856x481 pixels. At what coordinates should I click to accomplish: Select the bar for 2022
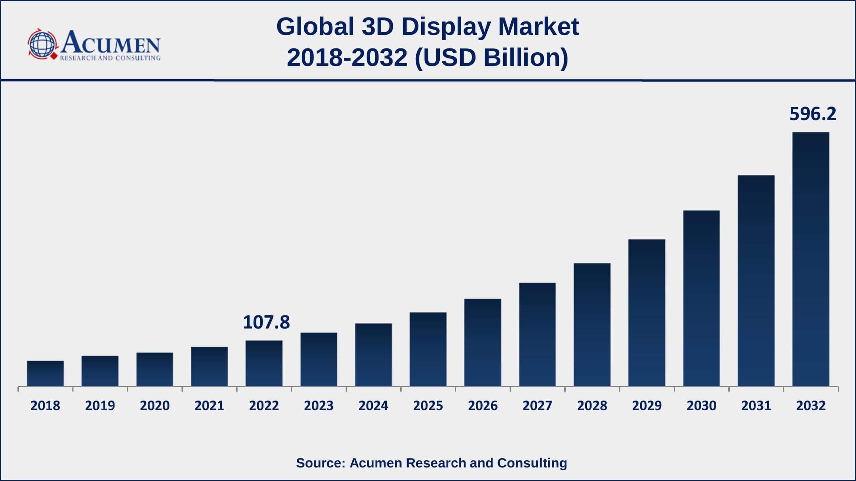click(x=264, y=363)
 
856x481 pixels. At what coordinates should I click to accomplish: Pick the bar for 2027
click(x=537, y=335)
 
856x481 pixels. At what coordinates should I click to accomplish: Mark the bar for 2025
click(x=428, y=350)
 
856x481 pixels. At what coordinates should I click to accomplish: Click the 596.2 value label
click(x=813, y=114)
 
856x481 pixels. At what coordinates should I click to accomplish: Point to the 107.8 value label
click(x=266, y=322)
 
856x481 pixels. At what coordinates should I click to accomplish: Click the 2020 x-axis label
click(x=154, y=405)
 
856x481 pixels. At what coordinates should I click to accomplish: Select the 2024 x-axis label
click(x=373, y=405)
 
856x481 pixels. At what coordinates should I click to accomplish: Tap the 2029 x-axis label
click(x=647, y=405)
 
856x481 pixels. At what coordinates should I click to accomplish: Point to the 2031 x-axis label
click(x=756, y=405)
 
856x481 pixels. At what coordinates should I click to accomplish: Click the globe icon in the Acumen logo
click(x=42, y=45)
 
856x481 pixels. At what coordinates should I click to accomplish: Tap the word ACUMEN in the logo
click(x=111, y=43)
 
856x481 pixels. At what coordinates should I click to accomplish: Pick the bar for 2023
click(x=319, y=360)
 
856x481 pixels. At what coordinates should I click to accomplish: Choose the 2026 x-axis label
click(x=483, y=405)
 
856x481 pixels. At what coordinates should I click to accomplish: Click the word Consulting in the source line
click(x=532, y=463)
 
